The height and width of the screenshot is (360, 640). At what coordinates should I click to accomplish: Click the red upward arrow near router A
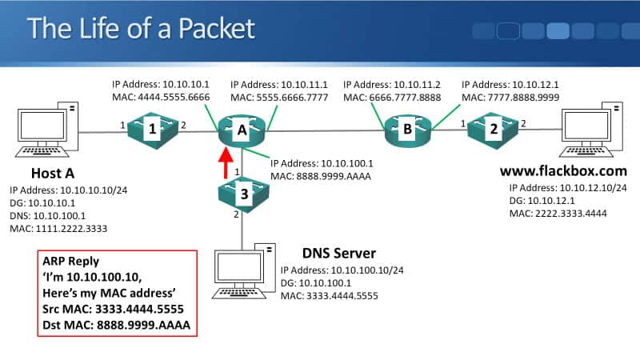click(x=226, y=164)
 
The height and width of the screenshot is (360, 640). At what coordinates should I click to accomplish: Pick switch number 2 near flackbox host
click(x=494, y=128)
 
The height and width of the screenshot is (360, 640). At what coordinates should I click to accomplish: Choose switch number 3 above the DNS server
click(x=242, y=190)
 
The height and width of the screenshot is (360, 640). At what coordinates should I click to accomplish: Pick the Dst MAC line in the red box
click(x=117, y=326)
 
